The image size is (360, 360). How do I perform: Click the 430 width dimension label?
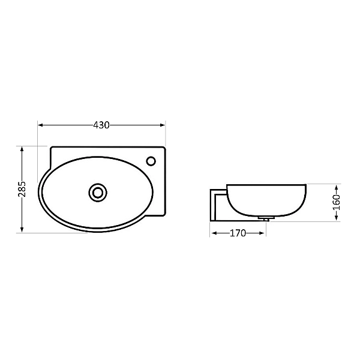pyautogui.click(x=101, y=125)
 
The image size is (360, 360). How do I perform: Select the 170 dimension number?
pyautogui.click(x=238, y=233)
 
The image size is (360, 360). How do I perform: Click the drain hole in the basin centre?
pyautogui.click(x=97, y=192)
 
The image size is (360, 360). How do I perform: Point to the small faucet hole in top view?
pyautogui.click(x=151, y=160)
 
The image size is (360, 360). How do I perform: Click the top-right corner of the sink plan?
pyautogui.click(x=164, y=146)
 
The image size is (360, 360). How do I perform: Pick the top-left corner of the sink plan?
pyautogui.click(x=52, y=146)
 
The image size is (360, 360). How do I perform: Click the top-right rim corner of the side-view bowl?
pyautogui.click(x=305, y=185)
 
